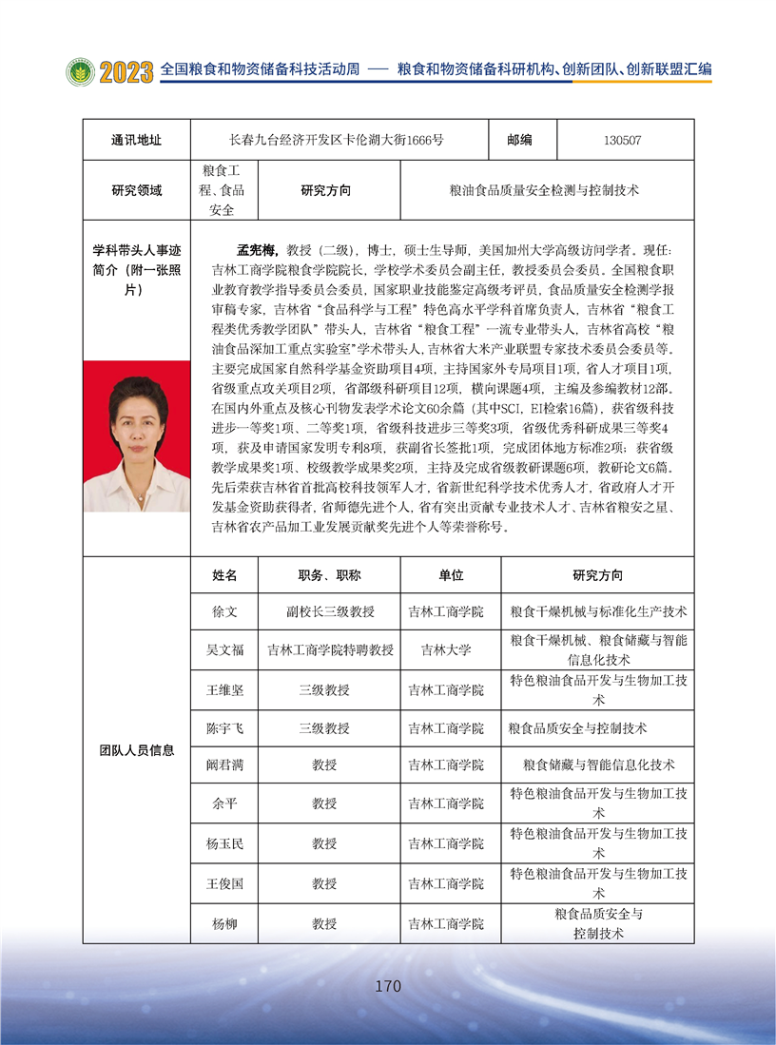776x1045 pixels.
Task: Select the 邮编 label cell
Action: click(520, 140)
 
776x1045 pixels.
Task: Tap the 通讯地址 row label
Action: click(136, 140)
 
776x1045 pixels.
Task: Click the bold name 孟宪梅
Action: click(257, 250)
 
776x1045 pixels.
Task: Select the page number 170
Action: click(388, 986)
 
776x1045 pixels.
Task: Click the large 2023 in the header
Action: click(126, 71)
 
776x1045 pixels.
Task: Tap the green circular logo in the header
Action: click(80, 72)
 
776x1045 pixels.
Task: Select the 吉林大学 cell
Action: click(446, 650)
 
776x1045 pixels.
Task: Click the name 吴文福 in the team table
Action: click(224, 650)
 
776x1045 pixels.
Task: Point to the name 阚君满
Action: click(224, 764)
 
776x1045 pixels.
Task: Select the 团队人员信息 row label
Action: click(136, 749)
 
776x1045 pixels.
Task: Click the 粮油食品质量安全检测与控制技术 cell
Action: click(544, 190)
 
